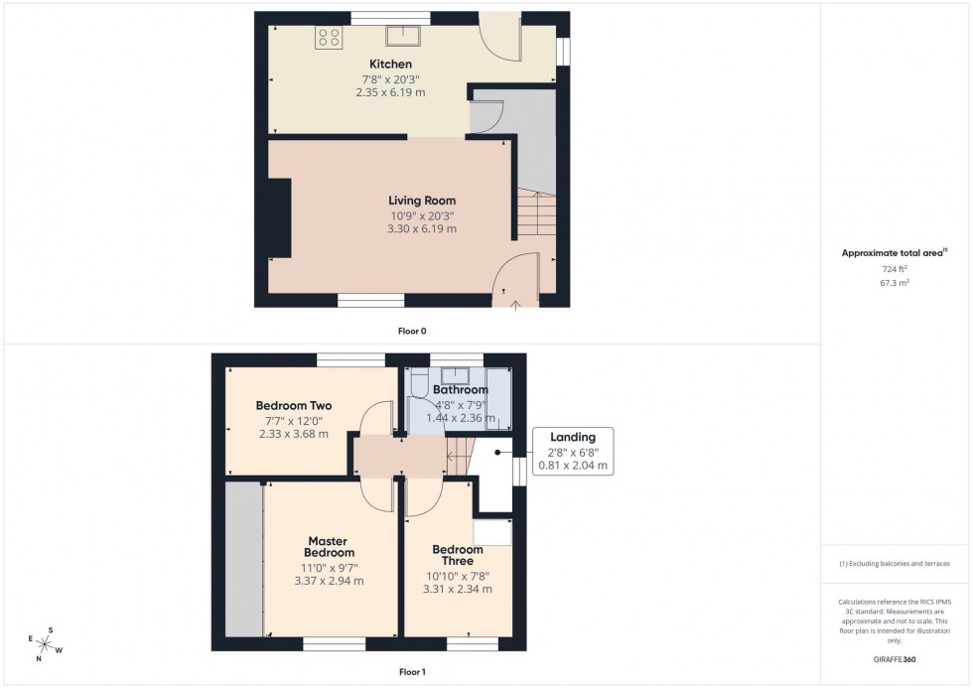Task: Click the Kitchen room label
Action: tap(390, 65)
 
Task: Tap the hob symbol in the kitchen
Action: tap(329, 38)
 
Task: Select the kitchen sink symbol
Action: tap(404, 36)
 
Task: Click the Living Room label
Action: tap(422, 201)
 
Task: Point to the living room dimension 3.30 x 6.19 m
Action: tap(422, 228)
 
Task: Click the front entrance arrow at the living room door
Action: tap(514, 303)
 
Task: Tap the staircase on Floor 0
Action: tap(532, 214)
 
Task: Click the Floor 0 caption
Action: tap(412, 331)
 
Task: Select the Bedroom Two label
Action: tap(293, 406)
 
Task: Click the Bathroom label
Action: tap(460, 390)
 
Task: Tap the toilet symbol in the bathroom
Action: tap(418, 382)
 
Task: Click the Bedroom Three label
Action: tap(458, 555)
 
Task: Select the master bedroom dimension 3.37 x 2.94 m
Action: tap(329, 581)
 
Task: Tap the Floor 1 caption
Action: tap(412, 672)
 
